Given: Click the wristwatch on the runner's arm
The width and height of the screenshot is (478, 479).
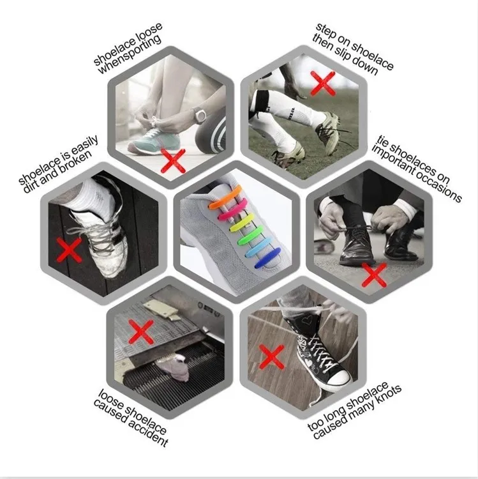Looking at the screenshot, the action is pos(200,116).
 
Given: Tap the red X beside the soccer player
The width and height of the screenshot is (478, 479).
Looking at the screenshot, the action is pos(323,83).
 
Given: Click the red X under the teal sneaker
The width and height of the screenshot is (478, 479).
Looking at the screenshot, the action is pos(173,161).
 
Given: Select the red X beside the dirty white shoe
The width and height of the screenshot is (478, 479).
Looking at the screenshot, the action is pos(70,250).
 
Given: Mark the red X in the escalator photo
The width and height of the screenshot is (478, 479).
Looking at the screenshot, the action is pos(141,331).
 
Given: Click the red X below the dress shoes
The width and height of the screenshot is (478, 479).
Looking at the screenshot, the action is pos(374,275).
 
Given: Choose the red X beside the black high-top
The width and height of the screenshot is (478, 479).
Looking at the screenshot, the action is pos(271,357).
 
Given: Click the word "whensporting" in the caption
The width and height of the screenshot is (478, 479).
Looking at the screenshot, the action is pos(129,55).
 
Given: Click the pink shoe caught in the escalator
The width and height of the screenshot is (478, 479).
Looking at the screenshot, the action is pos(174,367).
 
